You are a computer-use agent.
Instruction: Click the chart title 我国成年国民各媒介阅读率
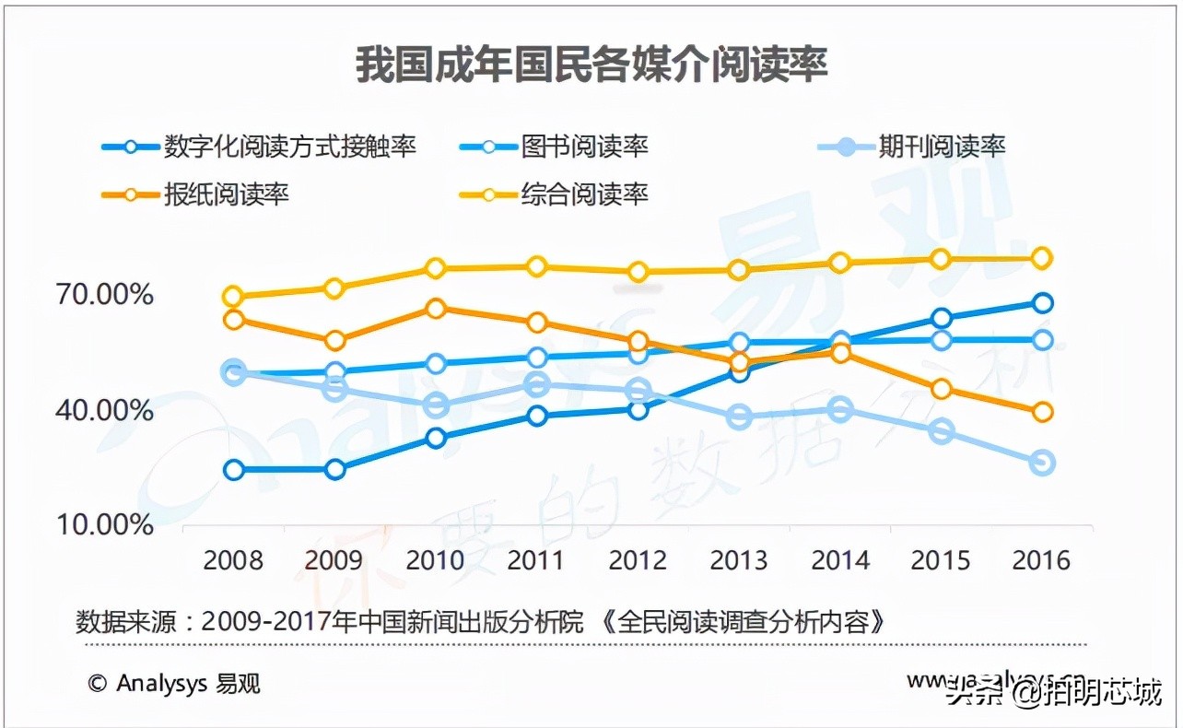591,65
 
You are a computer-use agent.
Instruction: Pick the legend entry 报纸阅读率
226,194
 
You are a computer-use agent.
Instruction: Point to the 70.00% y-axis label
105,295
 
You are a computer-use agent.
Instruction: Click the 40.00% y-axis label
105,409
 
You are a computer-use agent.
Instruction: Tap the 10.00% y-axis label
105,524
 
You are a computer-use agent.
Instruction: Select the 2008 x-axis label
233,560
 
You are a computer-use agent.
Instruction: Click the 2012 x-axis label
638,560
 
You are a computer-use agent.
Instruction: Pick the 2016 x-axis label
1042,560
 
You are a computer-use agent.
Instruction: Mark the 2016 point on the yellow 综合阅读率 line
1042,258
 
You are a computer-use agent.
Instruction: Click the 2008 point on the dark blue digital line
234,470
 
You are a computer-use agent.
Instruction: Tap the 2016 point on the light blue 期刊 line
1042,463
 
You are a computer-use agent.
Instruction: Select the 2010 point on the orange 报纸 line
437,309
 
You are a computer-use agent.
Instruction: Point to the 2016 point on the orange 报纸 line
1042,412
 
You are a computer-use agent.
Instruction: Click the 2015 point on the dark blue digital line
941,319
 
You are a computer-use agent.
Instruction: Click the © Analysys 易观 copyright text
174,683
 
